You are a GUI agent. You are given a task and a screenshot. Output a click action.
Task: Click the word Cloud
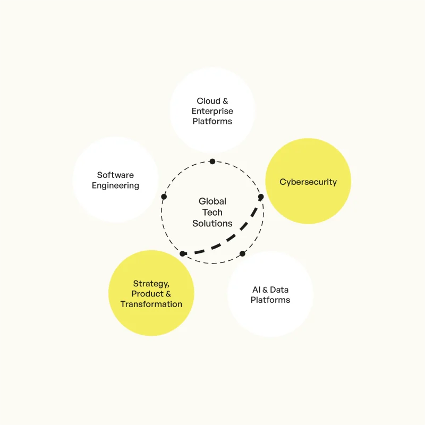(x=208, y=101)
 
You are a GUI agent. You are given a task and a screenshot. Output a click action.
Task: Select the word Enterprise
(x=212, y=111)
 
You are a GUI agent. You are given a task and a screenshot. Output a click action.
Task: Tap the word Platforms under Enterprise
(x=212, y=121)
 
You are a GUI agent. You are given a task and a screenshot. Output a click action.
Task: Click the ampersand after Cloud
(x=225, y=101)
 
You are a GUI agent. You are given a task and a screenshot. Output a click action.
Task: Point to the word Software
(x=115, y=175)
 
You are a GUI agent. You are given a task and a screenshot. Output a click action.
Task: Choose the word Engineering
(x=115, y=185)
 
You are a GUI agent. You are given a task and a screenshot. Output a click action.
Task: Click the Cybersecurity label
(x=308, y=182)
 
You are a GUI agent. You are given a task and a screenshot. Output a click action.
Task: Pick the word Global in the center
(x=212, y=201)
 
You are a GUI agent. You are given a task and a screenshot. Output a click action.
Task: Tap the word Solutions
(x=212, y=223)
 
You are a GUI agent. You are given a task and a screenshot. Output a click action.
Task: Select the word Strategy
(x=151, y=284)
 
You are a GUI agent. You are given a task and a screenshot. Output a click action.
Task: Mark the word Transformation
(x=151, y=304)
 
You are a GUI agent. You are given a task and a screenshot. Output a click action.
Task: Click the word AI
(x=256, y=290)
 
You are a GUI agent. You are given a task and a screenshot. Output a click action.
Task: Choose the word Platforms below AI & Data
(x=270, y=300)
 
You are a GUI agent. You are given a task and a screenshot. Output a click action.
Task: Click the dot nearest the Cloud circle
(x=212, y=161)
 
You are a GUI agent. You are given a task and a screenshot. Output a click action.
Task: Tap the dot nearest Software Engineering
(x=164, y=197)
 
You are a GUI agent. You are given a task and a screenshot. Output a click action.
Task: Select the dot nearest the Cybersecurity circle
(x=261, y=197)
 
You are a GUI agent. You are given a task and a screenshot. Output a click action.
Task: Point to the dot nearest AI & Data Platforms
(x=242, y=254)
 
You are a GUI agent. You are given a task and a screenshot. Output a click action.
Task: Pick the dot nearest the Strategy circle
(x=183, y=254)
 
